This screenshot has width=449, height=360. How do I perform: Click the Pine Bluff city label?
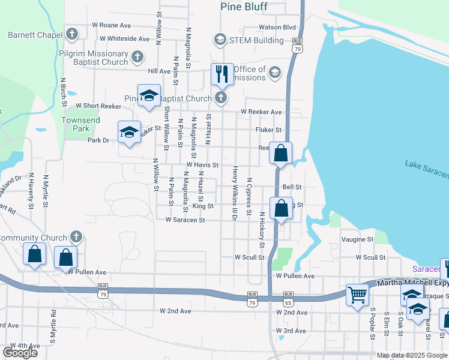tap(244, 7)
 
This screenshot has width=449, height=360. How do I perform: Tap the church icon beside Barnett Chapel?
tap(72, 34)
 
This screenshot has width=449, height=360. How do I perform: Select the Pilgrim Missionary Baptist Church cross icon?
tap(137, 58)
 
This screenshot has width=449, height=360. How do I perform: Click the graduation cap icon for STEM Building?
tap(219, 40)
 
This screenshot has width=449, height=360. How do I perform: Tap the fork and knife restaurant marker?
tap(222, 74)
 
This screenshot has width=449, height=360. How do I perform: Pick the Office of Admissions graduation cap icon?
tap(275, 73)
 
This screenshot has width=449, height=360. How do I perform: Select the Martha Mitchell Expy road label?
tap(412, 283)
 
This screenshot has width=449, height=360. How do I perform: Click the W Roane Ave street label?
tap(111, 25)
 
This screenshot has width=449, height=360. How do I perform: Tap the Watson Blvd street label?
tap(277, 27)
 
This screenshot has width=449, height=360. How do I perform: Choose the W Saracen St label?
tap(185, 220)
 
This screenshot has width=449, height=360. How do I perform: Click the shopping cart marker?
tap(357, 295)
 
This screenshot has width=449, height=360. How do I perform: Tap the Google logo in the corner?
tap(20, 352)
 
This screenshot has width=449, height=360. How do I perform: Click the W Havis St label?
tap(201, 164)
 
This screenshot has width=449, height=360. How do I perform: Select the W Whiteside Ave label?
tap(125, 38)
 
